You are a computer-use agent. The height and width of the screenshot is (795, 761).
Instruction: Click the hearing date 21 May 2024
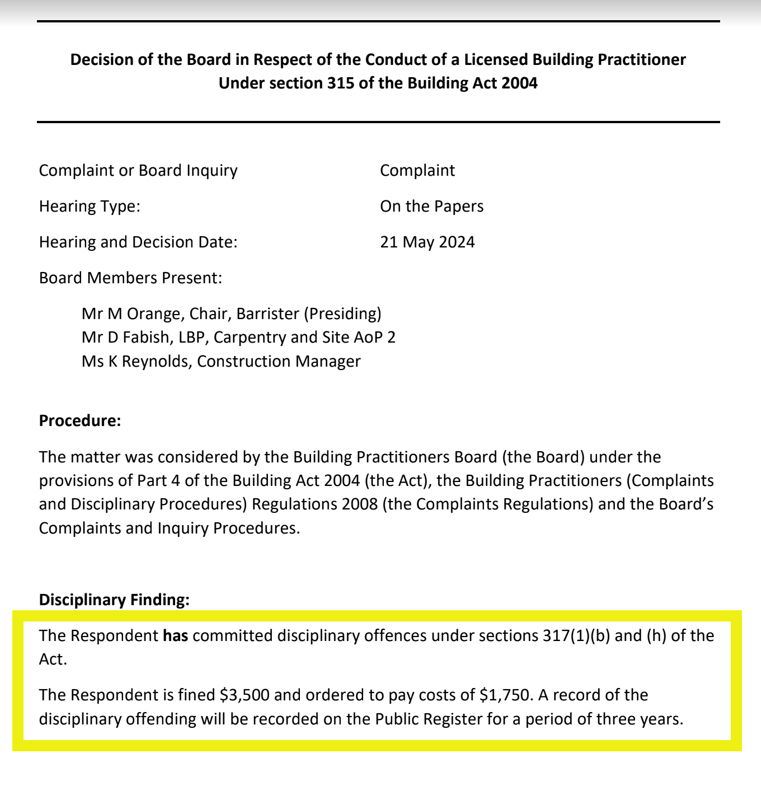tap(427, 242)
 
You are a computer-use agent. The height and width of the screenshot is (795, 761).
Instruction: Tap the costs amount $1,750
tap(504, 695)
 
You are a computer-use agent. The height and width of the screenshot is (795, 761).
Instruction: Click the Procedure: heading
tap(80, 420)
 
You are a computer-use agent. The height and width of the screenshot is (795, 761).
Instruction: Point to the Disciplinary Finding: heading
tap(114, 600)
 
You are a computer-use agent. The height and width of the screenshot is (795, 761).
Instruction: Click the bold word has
tap(175, 635)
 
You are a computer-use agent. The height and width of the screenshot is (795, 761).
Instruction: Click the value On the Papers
tap(431, 206)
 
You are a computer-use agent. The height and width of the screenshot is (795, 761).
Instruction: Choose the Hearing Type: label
tap(90, 206)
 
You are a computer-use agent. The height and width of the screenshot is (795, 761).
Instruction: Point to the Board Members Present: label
tap(130, 278)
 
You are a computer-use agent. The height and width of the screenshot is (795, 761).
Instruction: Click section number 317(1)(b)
tap(576, 635)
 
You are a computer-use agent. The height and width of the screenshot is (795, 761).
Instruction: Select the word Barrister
tap(267, 314)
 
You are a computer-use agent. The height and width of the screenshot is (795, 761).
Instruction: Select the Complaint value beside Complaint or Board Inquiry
tap(417, 170)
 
